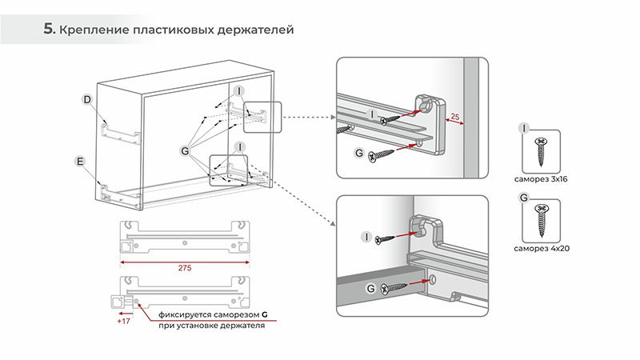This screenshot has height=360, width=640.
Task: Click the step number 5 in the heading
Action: [49, 30]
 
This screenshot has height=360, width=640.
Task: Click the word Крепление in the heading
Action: [94, 30]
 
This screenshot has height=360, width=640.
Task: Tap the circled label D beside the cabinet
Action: [88, 99]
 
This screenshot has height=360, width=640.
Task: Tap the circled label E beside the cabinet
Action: [80, 162]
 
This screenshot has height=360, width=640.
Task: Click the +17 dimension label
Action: [124, 321]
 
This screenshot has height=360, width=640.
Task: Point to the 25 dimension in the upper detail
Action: [454, 117]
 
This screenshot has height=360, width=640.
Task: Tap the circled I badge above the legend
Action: [524, 127]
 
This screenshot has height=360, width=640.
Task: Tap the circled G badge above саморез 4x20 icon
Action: [524, 196]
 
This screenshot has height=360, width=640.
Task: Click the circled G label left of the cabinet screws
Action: [186, 150]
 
